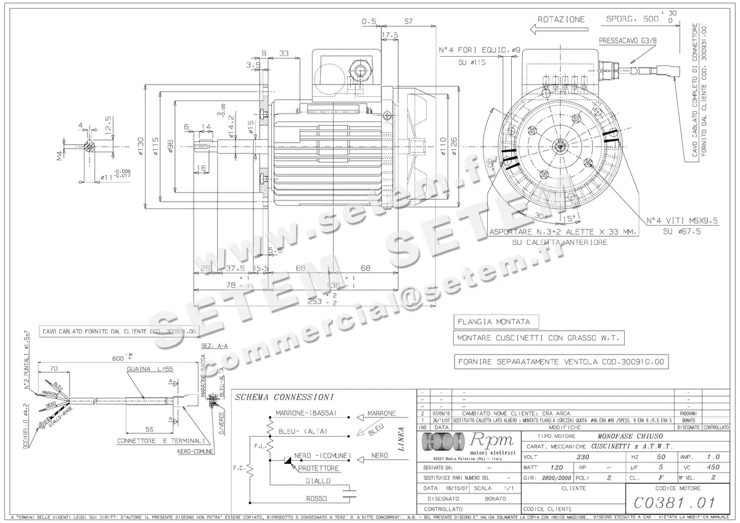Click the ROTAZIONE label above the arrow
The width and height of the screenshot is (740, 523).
tap(561, 19)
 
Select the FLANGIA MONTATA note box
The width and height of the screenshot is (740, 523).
tap(495, 322)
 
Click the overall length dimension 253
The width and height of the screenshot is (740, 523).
tap(316, 302)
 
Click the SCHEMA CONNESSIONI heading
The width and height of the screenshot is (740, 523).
tap(285, 397)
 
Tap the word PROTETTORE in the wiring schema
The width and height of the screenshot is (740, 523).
tap(319, 468)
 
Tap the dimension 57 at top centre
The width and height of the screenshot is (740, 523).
tap(408, 20)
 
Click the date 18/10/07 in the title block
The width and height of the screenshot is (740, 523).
tap(456, 487)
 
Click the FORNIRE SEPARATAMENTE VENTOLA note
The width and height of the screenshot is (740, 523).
tap(561, 362)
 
